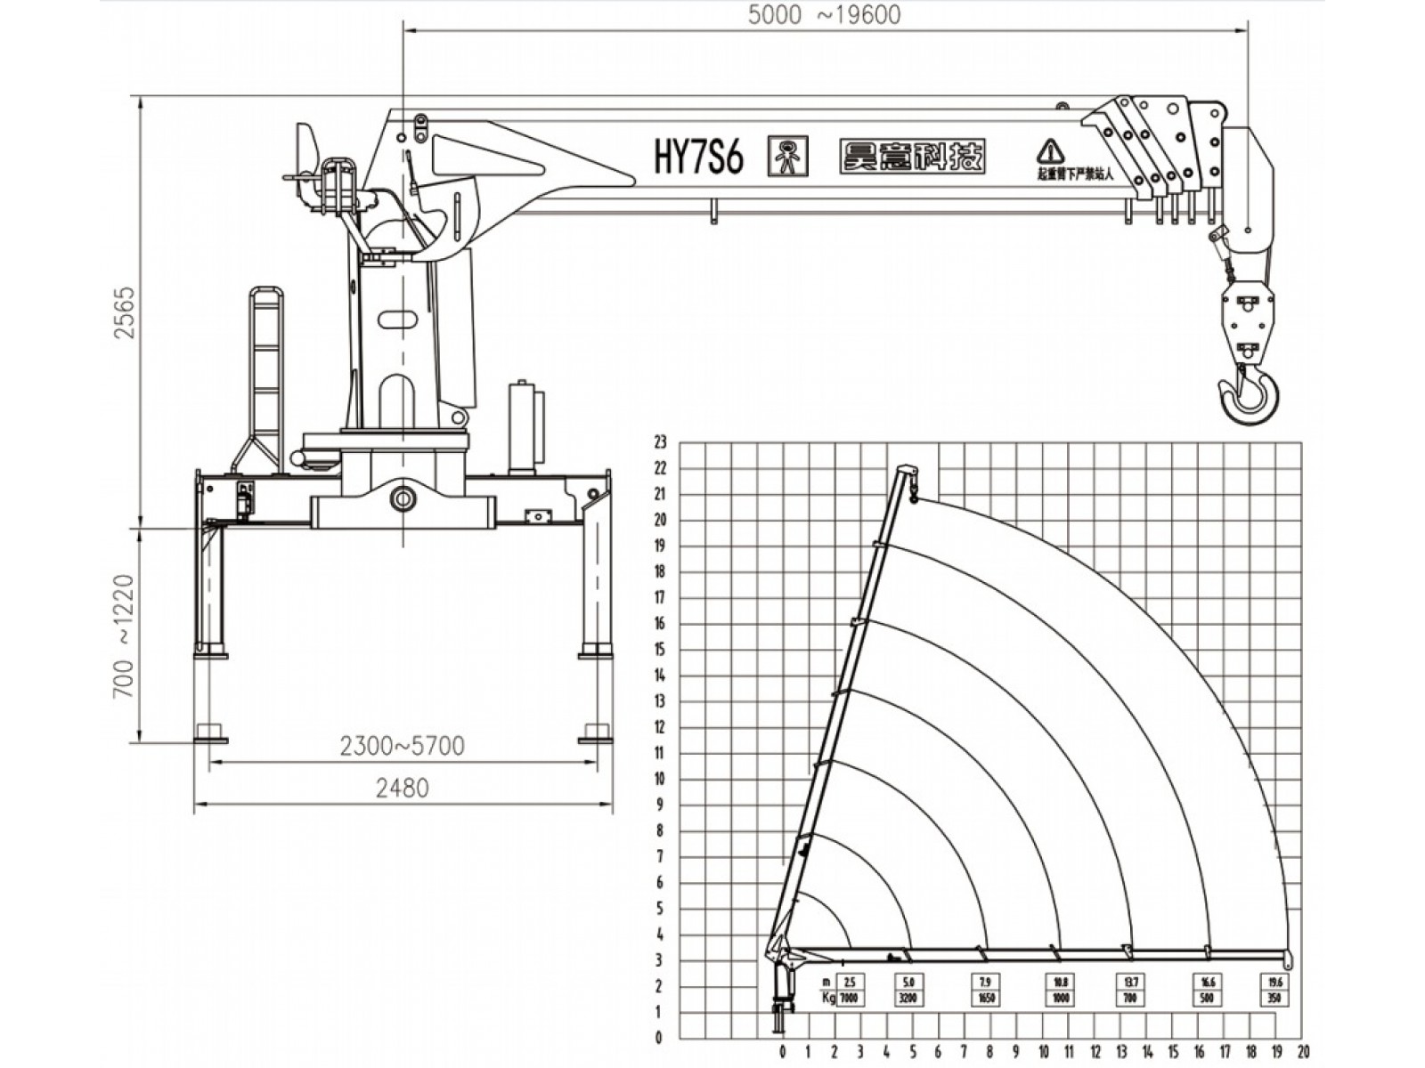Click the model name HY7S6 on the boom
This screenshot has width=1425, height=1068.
tap(698, 158)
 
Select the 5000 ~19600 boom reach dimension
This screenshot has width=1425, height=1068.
tap(824, 15)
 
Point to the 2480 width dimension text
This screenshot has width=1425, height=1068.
tap(403, 788)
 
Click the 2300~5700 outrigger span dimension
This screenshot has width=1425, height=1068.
tap(403, 746)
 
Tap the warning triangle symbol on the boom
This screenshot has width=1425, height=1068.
tap(1051, 150)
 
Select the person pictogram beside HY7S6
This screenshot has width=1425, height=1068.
tap(787, 157)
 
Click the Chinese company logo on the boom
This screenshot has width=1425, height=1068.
tap(912, 157)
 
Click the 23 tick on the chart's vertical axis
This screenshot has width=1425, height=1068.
tap(660, 441)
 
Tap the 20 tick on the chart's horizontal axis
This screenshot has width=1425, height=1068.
tap(1304, 1052)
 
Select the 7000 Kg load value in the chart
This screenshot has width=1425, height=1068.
tap(849, 999)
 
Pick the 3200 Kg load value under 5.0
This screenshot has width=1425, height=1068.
tap(908, 999)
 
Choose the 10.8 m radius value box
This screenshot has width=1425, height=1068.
tap(1060, 983)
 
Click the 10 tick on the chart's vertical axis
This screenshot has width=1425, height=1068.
tap(660, 779)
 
